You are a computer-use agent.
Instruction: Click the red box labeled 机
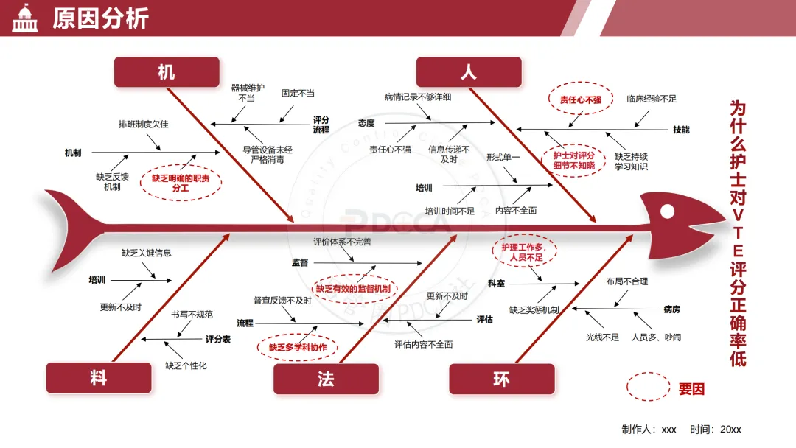(x=167, y=72)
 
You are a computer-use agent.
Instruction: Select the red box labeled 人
(x=469, y=72)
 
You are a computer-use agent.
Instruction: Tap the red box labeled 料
(x=99, y=378)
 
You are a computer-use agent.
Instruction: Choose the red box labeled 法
(x=326, y=378)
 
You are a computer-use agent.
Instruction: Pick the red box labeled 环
(x=501, y=378)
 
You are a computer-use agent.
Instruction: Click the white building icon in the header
(x=25, y=18)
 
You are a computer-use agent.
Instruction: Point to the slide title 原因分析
(x=100, y=18)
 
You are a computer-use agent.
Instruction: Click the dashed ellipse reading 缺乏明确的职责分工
(x=181, y=183)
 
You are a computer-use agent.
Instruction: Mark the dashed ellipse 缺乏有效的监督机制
(x=354, y=290)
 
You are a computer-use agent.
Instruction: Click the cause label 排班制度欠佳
(x=144, y=124)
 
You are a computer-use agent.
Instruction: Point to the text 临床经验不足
(x=652, y=99)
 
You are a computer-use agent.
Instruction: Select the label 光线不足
(x=602, y=337)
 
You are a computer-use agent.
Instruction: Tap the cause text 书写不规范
(x=192, y=315)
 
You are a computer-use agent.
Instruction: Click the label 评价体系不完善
(x=343, y=242)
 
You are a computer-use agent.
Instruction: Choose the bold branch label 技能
(x=681, y=130)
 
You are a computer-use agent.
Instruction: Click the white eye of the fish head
(x=668, y=211)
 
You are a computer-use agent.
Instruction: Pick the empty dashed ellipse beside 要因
(x=648, y=386)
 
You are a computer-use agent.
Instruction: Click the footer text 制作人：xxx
(x=649, y=430)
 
